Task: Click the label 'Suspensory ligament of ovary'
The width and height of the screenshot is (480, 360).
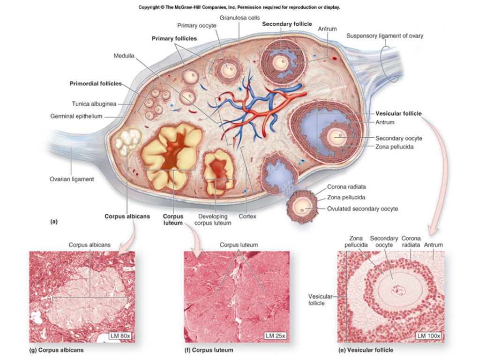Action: click(x=384, y=36)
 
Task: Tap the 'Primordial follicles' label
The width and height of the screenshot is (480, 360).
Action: click(x=96, y=84)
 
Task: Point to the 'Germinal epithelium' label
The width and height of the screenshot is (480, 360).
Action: click(x=76, y=116)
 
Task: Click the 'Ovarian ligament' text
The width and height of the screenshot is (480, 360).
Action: click(x=72, y=179)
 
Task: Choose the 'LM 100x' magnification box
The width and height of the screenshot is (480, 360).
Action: click(x=428, y=336)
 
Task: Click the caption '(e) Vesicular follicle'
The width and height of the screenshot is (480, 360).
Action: click(x=366, y=350)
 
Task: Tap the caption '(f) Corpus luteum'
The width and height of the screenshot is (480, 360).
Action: click(x=209, y=350)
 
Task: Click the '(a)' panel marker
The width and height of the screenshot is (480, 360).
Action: click(x=54, y=221)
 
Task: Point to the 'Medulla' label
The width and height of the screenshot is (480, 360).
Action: click(x=124, y=56)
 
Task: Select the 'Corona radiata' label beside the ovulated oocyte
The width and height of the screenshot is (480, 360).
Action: click(x=346, y=187)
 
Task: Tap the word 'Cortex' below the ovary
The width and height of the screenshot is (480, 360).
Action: click(x=247, y=217)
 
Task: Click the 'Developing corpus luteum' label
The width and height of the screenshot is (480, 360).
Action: click(x=213, y=220)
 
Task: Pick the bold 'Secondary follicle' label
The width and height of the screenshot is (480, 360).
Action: click(x=287, y=24)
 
